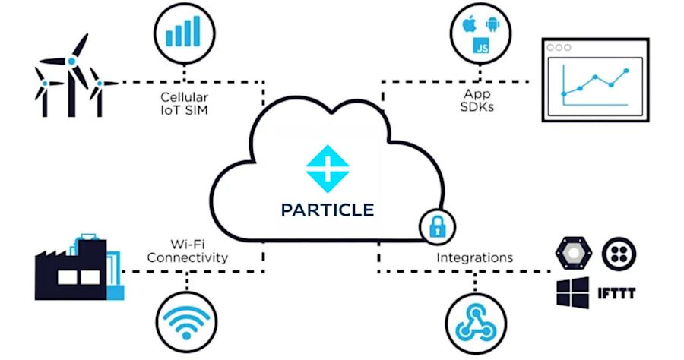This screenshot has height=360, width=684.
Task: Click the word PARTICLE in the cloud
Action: [327, 209]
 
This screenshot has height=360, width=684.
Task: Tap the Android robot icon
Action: [490, 25]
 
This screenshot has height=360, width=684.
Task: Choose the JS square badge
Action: [480, 46]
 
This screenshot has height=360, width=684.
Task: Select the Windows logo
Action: [572, 292]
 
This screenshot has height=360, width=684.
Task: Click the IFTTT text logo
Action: [616, 293]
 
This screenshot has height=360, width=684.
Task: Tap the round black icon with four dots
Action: [618, 254]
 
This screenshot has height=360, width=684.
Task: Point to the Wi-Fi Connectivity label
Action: [187, 251]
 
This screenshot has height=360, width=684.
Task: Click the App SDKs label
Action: [477, 100]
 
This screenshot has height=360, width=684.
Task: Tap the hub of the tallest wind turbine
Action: [71, 60]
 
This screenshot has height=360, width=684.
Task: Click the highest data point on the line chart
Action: [626, 71]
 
